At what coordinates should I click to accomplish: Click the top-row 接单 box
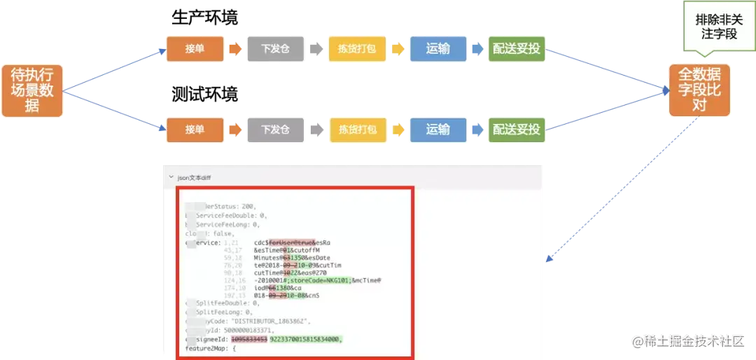[x=195, y=49]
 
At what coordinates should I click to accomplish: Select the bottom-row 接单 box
[x=195, y=129]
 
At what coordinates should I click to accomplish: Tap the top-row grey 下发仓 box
[x=275, y=49]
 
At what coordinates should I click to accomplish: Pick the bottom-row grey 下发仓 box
[x=275, y=129]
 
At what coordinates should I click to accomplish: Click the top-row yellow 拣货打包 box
[x=358, y=49]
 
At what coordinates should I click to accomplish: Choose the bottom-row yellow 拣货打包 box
[x=358, y=129]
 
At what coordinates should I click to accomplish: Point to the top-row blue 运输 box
[x=437, y=49]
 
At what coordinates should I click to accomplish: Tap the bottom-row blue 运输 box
[x=437, y=129]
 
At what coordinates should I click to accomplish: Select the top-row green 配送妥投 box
[x=516, y=49]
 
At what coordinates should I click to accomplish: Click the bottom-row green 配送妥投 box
[x=516, y=129]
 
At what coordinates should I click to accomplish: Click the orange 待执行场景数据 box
[x=32, y=90]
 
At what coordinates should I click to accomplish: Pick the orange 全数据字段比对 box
[x=699, y=90]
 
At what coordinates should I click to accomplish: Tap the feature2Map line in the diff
[x=210, y=349]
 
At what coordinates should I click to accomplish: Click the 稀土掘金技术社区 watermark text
[x=693, y=341]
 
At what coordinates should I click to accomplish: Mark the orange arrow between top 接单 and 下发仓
[x=234, y=49]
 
